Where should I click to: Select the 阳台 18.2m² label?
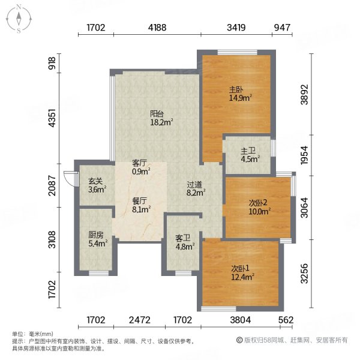point(161,118)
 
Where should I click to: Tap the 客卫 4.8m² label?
point(184,242)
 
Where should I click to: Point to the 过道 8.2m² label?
point(196,190)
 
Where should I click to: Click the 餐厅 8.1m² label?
point(140,206)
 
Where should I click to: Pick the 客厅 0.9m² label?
point(140,167)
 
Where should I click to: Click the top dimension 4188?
point(158,28)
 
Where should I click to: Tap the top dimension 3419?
point(236,28)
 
